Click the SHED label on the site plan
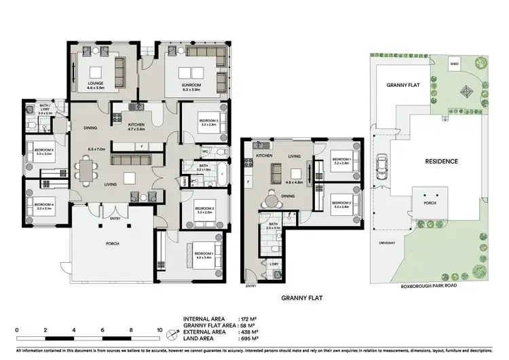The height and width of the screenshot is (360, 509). click(454, 65)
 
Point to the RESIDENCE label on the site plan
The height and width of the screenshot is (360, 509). click(441, 162)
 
